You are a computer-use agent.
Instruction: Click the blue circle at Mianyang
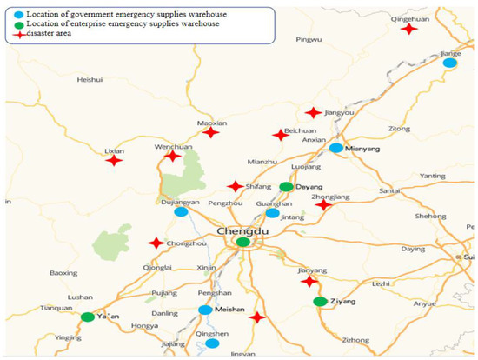[336, 148]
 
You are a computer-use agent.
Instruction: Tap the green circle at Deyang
[287, 187]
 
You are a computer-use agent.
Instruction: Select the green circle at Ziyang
[320, 302]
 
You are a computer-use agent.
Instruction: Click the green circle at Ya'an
[88, 317]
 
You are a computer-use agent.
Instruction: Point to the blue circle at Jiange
[449, 63]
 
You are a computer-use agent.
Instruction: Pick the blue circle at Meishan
[205, 310]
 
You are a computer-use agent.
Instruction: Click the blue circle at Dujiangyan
[181, 211]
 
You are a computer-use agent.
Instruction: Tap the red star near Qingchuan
[408, 29]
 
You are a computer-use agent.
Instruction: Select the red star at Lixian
[114, 160]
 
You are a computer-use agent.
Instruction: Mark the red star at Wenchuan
[173, 156]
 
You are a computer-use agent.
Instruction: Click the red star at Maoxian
[210, 132]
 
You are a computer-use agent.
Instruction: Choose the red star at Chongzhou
[156, 243]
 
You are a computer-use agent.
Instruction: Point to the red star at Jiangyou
[313, 112]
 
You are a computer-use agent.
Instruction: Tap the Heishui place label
[90, 80]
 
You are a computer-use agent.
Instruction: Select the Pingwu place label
[309, 40]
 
